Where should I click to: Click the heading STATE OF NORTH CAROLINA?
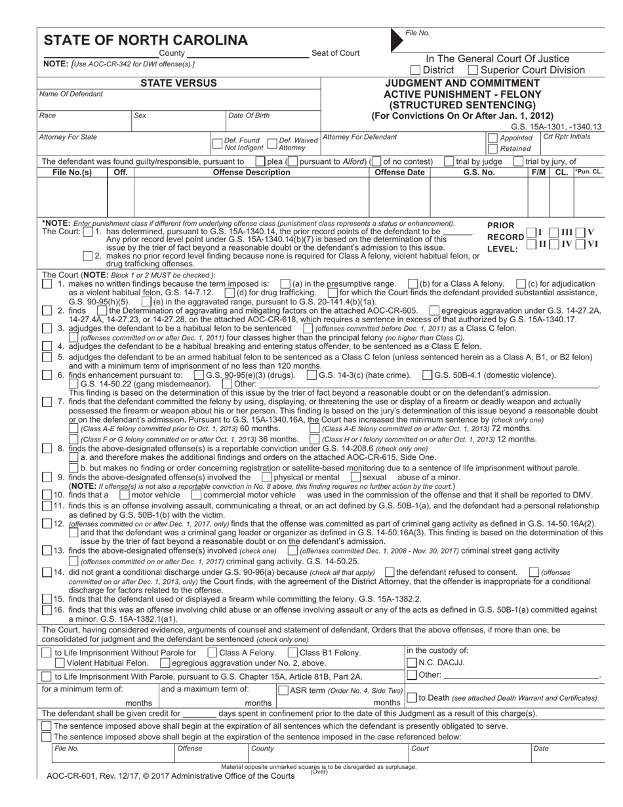coord(146,40)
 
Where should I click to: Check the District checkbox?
coord(415,70)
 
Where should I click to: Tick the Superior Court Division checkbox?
coord(473,70)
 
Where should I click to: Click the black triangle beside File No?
coord(396,40)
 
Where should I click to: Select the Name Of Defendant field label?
coord(71,94)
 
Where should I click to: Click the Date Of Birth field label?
coord(249,115)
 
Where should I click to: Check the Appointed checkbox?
coord(492,138)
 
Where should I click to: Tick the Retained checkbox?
coord(492,149)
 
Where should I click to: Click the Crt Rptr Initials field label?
coord(567,136)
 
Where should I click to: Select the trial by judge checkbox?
coord(449,161)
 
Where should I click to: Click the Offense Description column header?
coord(251,173)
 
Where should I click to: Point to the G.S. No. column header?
coord(479,173)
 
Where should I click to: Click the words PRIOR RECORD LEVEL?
coord(505,237)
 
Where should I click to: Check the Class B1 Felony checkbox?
coord(292,653)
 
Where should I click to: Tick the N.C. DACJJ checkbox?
coord(412,663)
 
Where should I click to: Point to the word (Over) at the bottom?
coord(319,772)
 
